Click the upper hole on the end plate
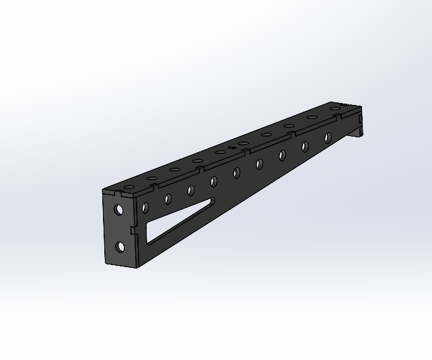click(119, 210)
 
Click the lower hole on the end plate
click(120, 247)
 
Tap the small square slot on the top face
click(231, 147)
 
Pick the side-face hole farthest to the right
click(328, 138)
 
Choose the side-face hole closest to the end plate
click(167, 199)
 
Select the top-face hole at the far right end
click(334, 109)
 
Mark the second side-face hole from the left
click(190, 190)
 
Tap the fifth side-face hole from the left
click(259, 164)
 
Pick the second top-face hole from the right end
click(312, 117)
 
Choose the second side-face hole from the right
click(305, 146)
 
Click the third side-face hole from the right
click(282, 155)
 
